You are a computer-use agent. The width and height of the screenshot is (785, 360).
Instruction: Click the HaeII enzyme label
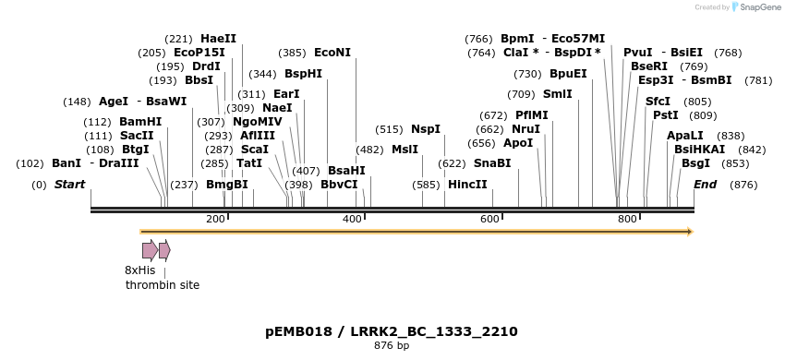[218, 39]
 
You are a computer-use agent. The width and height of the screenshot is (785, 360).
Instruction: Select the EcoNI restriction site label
[332, 53]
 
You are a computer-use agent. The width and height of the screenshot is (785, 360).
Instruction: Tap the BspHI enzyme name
[303, 73]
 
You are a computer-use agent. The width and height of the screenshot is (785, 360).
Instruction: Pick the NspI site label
[426, 128]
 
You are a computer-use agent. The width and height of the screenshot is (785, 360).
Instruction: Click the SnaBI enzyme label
[491, 162]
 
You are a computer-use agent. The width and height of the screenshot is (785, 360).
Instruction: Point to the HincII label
[466, 185]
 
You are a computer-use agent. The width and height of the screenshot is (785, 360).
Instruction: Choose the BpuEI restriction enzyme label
[568, 73]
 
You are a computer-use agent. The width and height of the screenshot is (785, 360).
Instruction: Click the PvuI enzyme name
[637, 53]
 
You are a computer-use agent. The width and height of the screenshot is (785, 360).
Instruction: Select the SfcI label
[658, 101]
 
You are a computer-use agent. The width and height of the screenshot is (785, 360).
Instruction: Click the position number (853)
[743, 163]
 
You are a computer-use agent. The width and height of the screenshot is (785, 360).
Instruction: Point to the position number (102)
[30, 163]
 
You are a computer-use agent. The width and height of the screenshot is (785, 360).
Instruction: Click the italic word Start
[69, 185]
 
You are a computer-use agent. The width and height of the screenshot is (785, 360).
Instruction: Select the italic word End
[705, 185]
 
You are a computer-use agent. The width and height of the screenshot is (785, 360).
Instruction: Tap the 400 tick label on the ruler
[352, 219]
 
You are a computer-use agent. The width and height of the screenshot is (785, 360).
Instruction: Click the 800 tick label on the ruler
[627, 219]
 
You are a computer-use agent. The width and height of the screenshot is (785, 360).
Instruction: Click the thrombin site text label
[163, 285]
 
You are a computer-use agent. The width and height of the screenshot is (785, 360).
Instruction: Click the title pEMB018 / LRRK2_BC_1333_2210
[392, 330]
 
